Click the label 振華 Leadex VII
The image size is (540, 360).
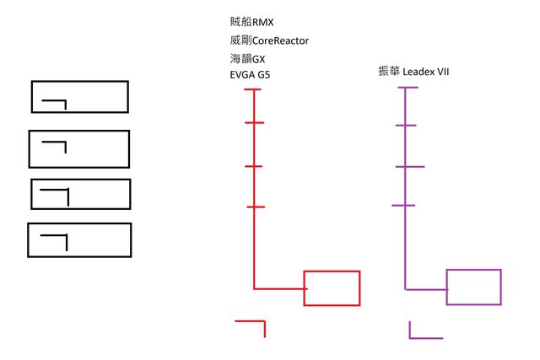[x=413, y=73]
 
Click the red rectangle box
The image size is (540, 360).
[x=332, y=287]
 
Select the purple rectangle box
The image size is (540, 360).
[x=473, y=287]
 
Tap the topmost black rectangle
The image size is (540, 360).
[x=79, y=97]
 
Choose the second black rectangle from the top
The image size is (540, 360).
[x=79, y=148]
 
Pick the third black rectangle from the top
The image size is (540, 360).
[x=81, y=194]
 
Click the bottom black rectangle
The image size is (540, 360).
[x=80, y=239]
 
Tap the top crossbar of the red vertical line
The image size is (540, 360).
[x=254, y=89]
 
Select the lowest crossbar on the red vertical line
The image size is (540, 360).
[x=256, y=207]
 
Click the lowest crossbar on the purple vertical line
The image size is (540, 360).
[x=404, y=206]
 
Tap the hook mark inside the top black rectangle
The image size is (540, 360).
[x=56, y=103]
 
